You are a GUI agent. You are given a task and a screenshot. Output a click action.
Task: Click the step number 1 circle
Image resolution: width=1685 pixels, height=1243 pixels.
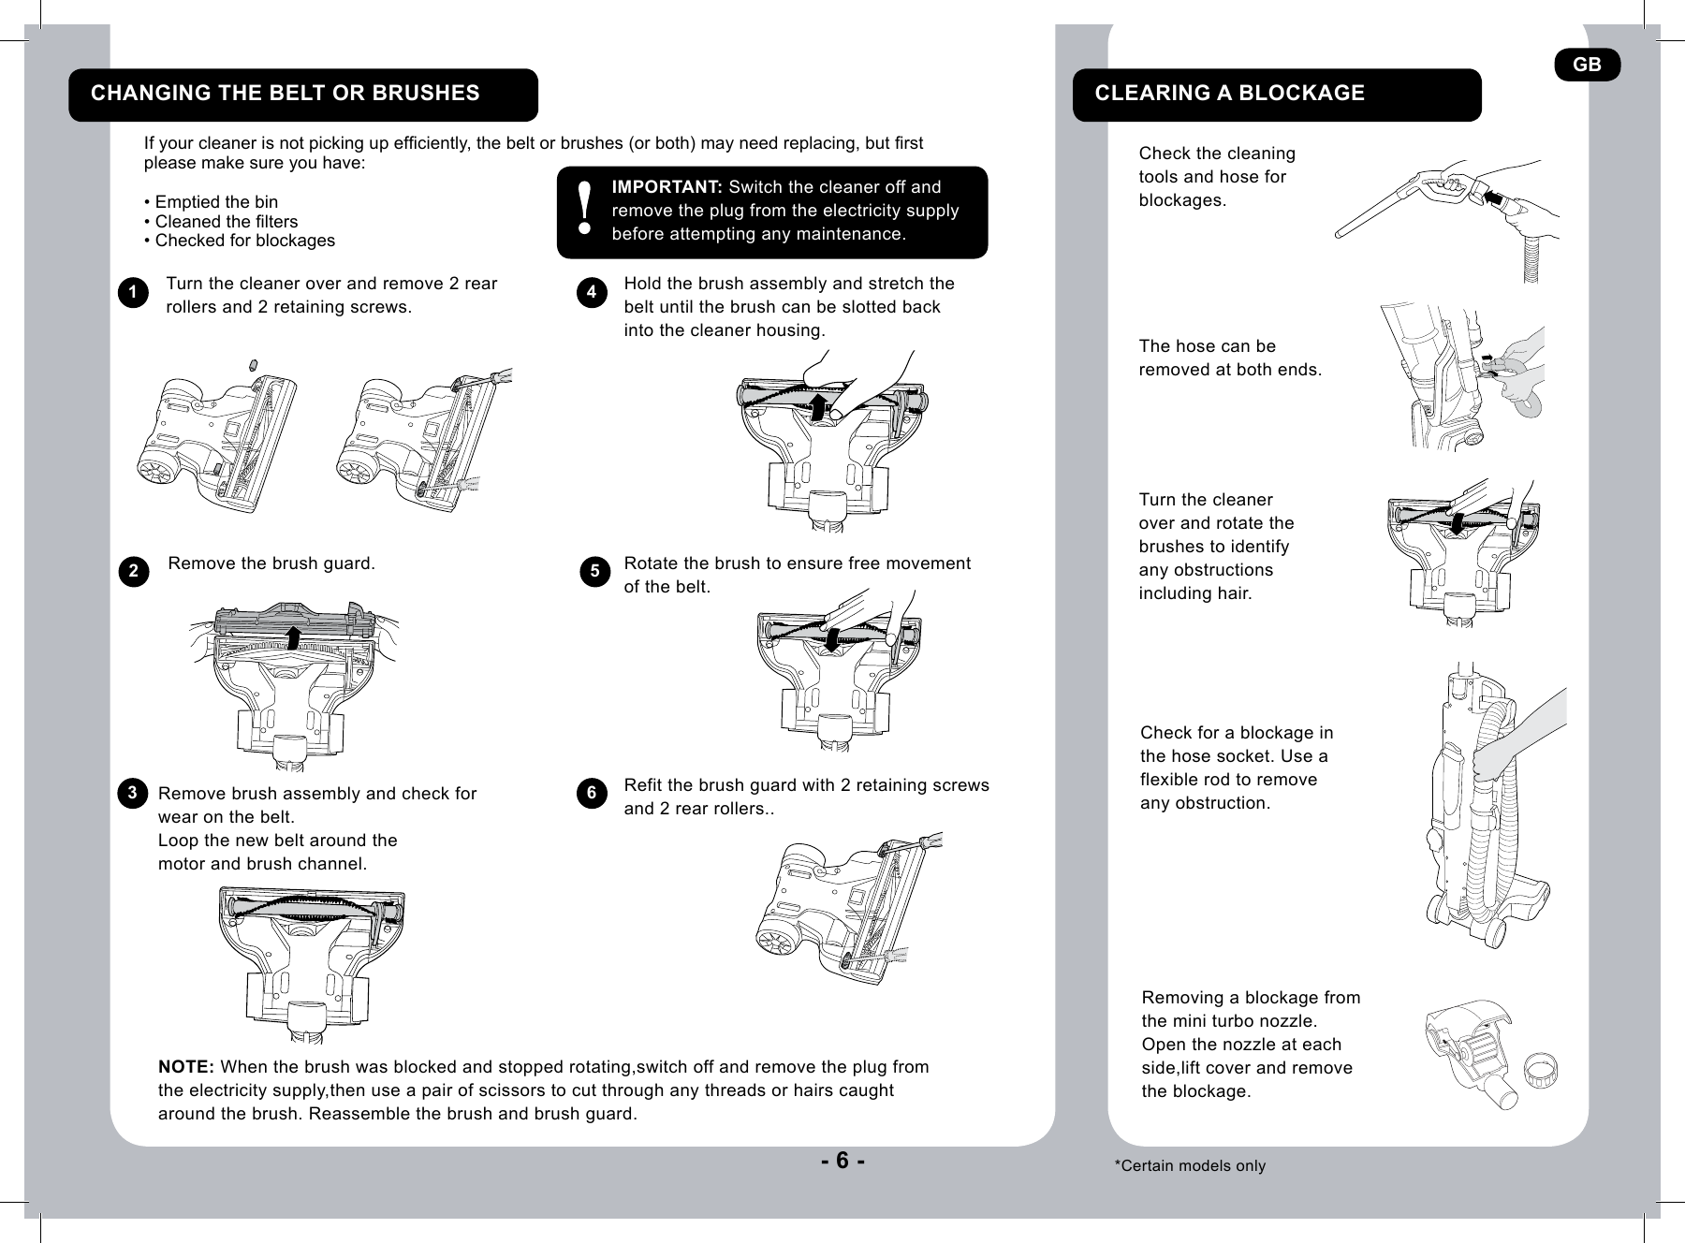click(x=134, y=293)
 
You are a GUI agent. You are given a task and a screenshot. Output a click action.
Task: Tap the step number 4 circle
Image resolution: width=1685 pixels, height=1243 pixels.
click(x=592, y=293)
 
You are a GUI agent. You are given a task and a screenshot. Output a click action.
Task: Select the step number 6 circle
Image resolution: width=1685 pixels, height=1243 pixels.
click(x=592, y=794)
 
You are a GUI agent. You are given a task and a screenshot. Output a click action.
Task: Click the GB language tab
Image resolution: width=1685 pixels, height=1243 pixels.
click(x=1587, y=65)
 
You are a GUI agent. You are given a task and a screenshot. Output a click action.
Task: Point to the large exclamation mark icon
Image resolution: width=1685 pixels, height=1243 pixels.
click(x=585, y=209)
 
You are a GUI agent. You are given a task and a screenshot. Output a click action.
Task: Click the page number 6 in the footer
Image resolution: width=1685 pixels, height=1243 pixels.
click(x=842, y=1161)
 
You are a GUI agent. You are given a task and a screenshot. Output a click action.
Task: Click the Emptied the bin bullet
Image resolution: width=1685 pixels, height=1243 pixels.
click(x=211, y=202)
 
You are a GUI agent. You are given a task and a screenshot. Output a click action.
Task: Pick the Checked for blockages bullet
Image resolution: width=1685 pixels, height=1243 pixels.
click(x=240, y=241)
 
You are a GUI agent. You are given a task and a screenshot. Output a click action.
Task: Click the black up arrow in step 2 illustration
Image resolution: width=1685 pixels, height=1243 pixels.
click(x=293, y=637)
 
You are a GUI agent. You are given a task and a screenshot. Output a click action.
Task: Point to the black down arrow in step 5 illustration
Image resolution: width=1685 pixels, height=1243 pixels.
click(x=830, y=641)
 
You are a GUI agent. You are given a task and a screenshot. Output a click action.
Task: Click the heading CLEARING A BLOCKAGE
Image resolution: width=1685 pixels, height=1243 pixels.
click(x=1229, y=94)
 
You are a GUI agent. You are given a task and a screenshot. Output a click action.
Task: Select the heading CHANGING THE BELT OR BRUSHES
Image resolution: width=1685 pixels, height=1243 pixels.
click(x=285, y=94)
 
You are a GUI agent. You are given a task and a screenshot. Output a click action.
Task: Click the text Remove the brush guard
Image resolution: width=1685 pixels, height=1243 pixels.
click(x=271, y=563)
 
